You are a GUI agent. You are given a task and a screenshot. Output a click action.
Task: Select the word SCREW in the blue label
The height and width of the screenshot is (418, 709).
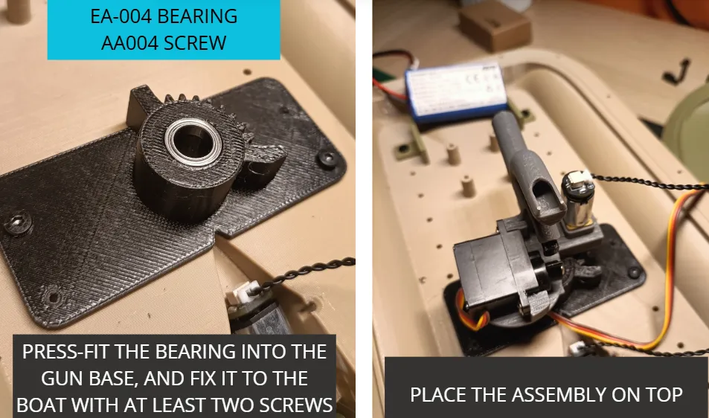(x=195, y=43)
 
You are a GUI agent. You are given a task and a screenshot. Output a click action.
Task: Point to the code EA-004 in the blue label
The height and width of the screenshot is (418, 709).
(x=121, y=16)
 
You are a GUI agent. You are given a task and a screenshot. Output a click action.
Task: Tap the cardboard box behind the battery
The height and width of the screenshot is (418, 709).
(x=495, y=25)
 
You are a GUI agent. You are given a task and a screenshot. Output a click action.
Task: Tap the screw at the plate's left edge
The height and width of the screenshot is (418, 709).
(x=18, y=222)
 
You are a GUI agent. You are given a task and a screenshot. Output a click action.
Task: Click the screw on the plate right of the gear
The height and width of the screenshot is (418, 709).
(x=327, y=158)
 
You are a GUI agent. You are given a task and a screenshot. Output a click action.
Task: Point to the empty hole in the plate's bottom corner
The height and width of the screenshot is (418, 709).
(x=53, y=298)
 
